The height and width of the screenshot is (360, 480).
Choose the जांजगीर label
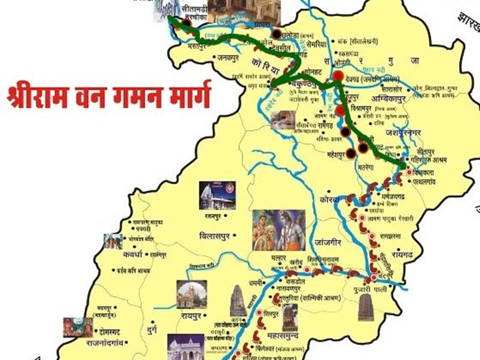(331, 244)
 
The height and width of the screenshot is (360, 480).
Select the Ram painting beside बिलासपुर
(278, 229)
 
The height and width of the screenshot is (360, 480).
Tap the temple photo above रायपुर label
(191, 294)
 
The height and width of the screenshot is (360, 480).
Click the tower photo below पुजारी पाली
(365, 308)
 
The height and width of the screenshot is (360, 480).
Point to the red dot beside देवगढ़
(338, 76)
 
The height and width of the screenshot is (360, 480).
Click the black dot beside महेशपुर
(350, 153)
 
